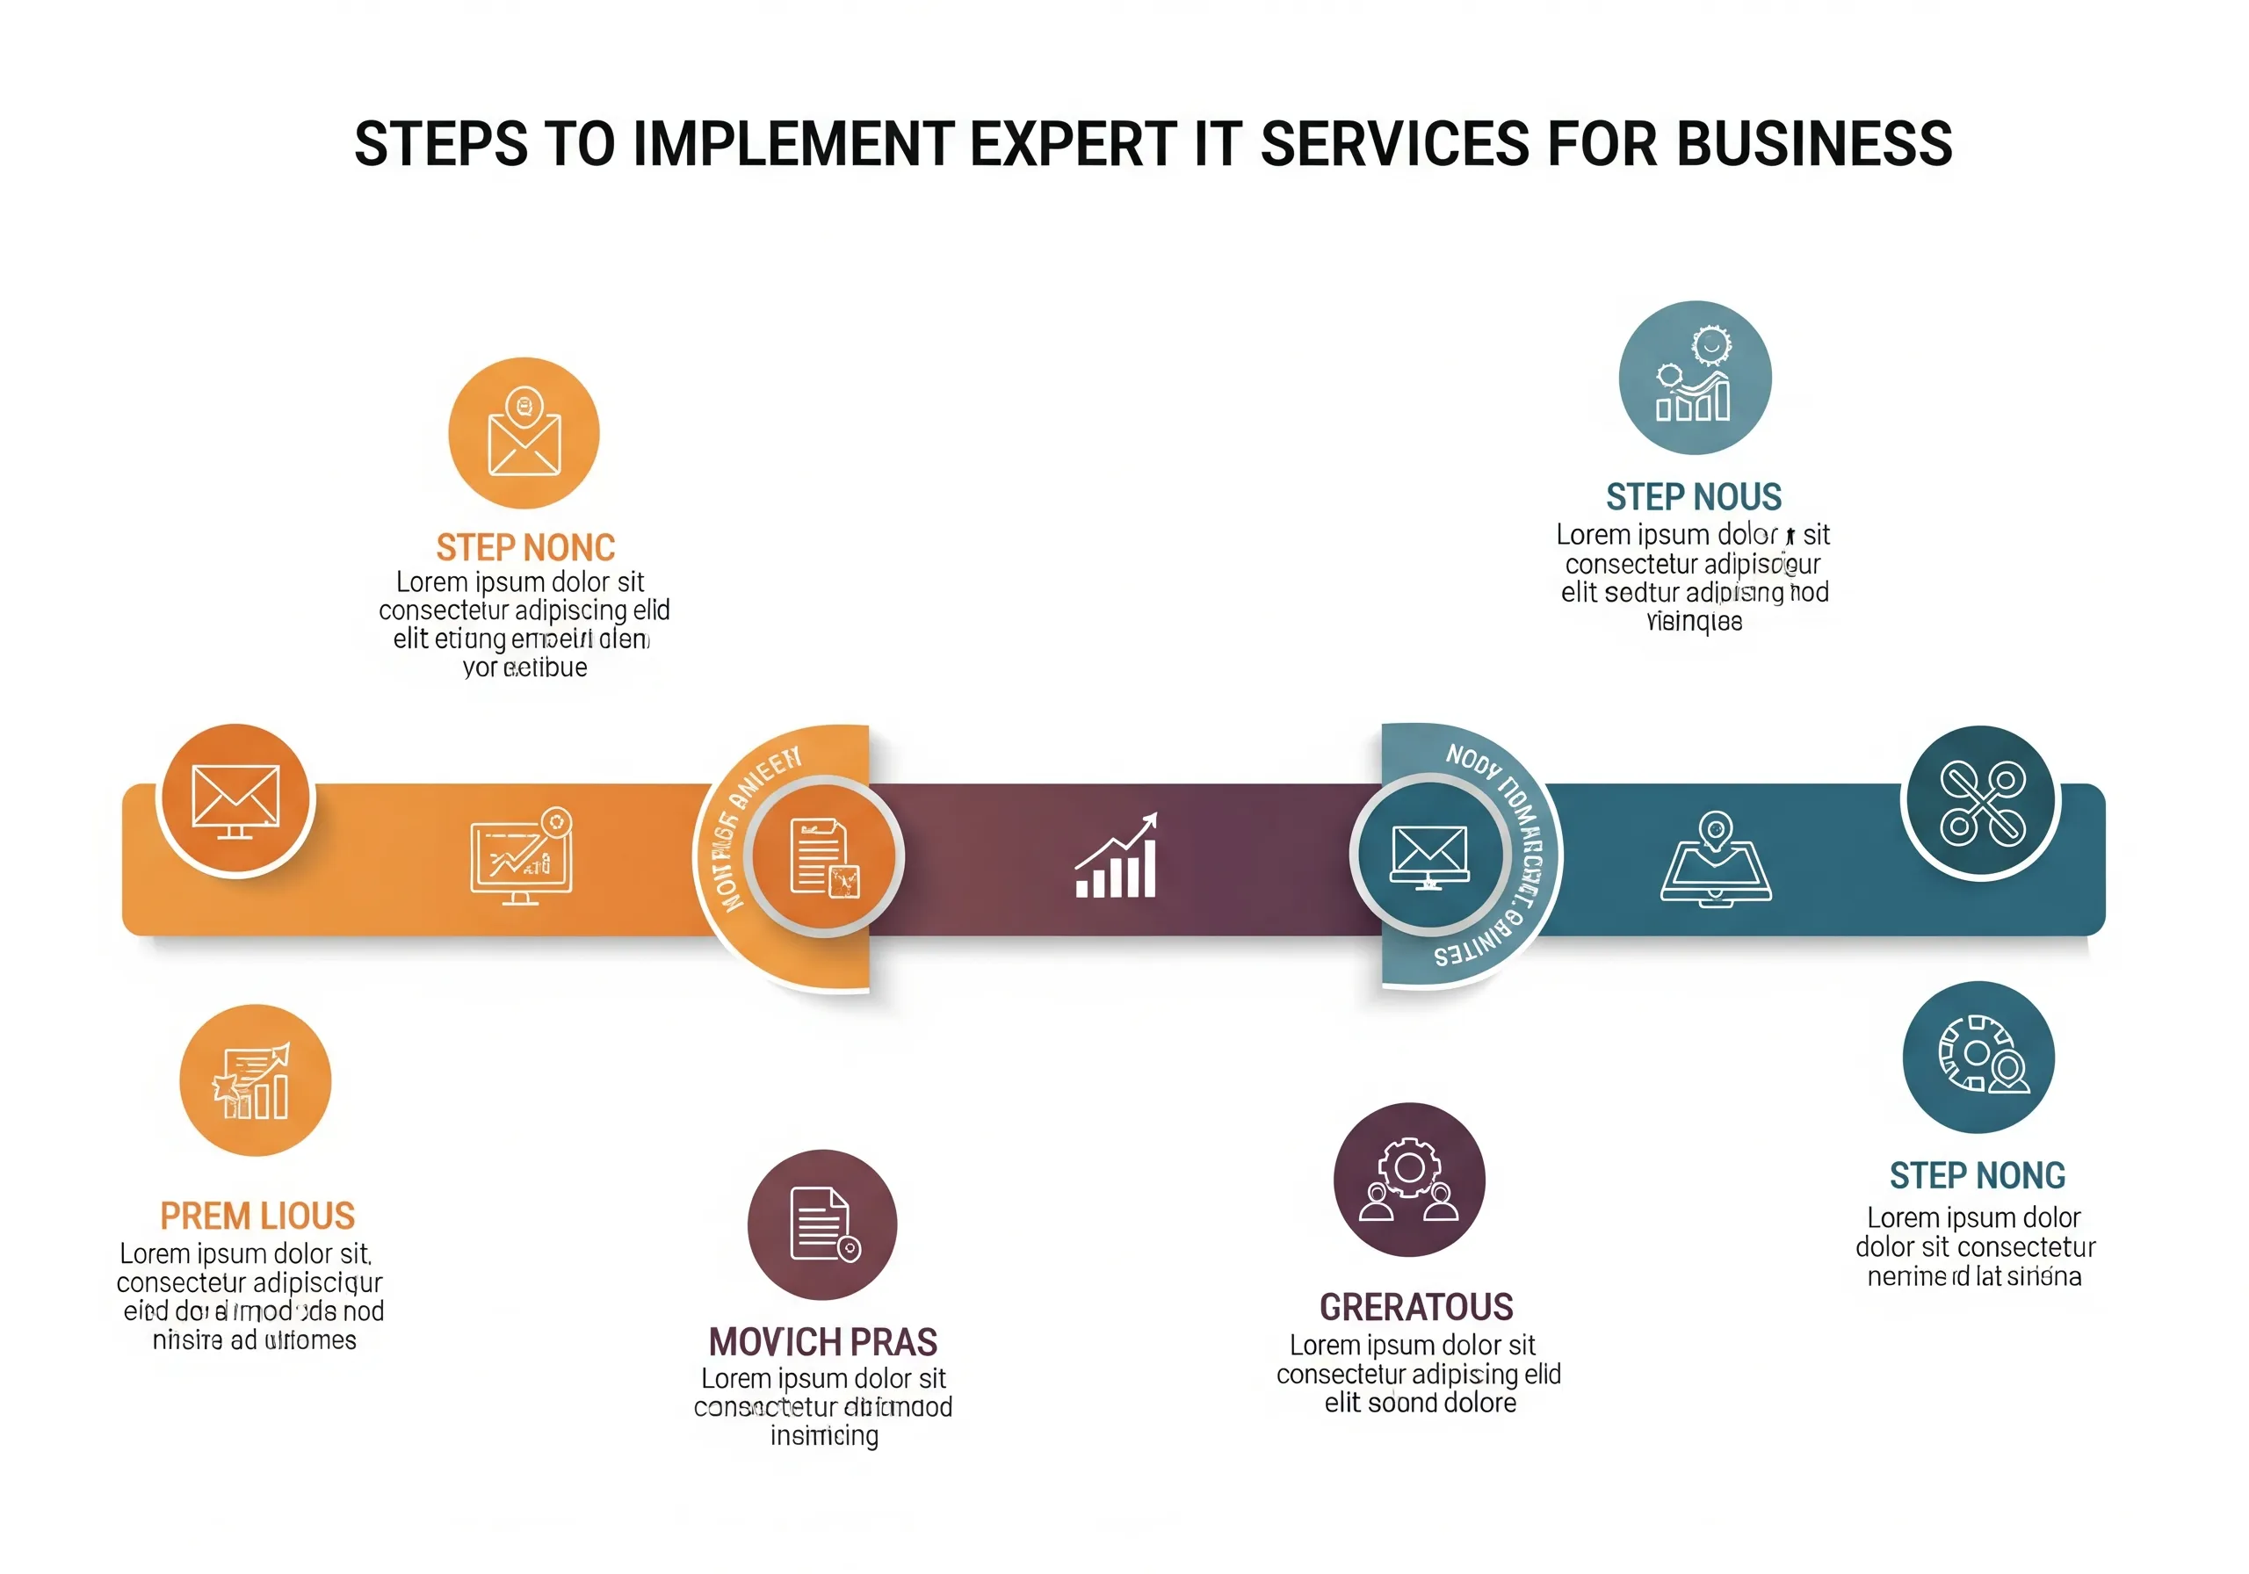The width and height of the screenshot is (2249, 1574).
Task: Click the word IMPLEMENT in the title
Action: (792, 144)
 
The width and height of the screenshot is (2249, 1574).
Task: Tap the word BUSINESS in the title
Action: (1813, 144)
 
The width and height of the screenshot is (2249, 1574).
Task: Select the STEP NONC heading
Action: (525, 547)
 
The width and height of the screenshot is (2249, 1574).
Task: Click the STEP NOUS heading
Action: (1694, 497)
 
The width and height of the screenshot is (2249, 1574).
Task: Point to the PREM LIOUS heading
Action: (257, 1217)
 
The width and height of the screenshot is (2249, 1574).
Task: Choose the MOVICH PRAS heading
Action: (823, 1342)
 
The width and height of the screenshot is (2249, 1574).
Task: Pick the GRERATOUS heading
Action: (1416, 1308)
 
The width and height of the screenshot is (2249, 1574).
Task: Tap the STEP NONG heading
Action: (1977, 1175)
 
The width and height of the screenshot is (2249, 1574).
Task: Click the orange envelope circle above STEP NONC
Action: (524, 433)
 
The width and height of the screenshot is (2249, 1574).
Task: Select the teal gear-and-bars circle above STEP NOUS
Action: (1695, 377)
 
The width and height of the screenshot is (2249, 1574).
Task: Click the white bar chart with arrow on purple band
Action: (1117, 857)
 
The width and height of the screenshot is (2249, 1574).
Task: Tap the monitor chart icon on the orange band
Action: (521, 857)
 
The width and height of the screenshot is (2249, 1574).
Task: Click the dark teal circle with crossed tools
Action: (1980, 803)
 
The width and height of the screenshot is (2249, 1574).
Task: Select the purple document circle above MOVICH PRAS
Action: (821, 1224)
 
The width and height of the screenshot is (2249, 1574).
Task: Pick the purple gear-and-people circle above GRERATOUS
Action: (1409, 1180)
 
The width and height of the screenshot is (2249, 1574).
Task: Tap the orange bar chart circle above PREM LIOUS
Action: (255, 1080)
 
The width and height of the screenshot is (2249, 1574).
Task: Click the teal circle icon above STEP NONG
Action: (1978, 1058)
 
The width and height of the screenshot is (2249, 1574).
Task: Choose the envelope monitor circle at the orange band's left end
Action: (236, 800)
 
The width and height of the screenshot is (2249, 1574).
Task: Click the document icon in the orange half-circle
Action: (824, 857)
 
